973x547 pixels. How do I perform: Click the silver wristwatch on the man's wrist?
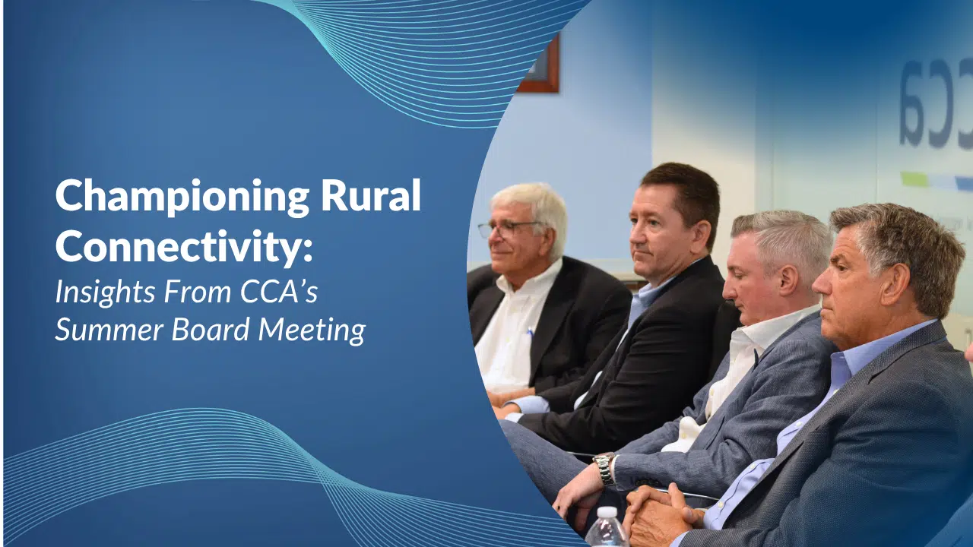point(604,469)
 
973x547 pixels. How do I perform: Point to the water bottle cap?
point(606,514)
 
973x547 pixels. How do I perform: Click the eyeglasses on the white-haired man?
point(506,228)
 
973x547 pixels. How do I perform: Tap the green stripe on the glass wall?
point(914,179)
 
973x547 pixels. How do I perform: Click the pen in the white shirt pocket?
point(530,333)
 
